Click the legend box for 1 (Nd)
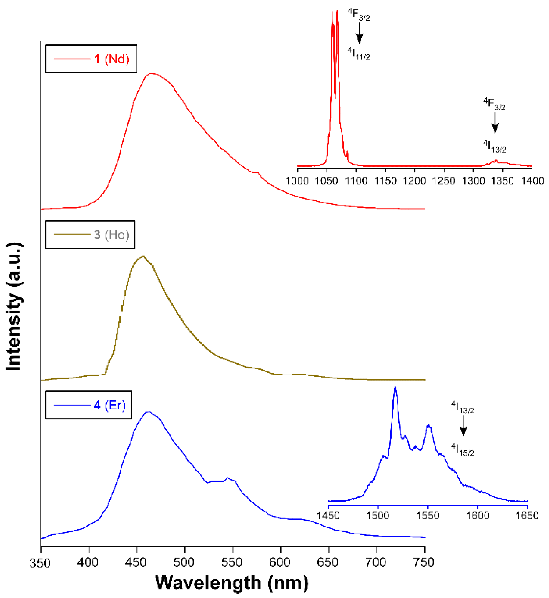pyautogui.click(x=91, y=59)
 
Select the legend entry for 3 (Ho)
pyautogui.click(x=90, y=235)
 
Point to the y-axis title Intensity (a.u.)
pyautogui.click(x=14, y=306)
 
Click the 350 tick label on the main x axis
pyautogui.click(x=40, y=563)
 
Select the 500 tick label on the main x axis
pyautogui.click(x=184, y=562)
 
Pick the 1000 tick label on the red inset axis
pyautogui.click(x=297, y=181)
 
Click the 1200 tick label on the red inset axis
pyautogui.click(x=414, y=181)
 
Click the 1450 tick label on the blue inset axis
pyautogui.click(x=328, y=516)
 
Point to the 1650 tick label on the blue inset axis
pyautogui.click(x=527, y=516)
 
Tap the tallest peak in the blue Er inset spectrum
pyautogui.click(x=395, y=387)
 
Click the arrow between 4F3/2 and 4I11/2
pyautogui.click(x=359, y=33)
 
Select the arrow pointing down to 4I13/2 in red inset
pyautogui.click(x=495, y=123)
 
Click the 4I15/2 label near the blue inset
pyautogui.click(x=463, y=449)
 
